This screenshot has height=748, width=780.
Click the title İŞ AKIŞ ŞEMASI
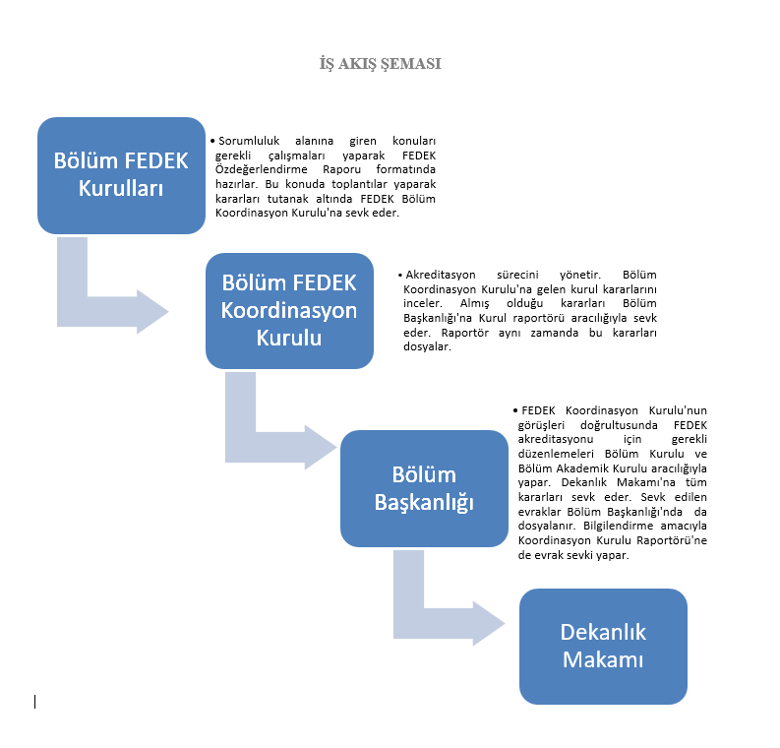(x=380, y=64)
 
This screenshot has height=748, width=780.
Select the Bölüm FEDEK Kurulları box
(x=121, y=175)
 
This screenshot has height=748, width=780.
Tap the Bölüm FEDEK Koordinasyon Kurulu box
(x=289, y=311)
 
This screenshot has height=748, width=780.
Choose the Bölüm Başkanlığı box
(x=424, y=489)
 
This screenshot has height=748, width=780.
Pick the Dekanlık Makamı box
(x=603, y=647)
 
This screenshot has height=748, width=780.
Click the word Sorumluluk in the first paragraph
(x=249, y=141)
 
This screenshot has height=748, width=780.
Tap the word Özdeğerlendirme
(x=262, y=169)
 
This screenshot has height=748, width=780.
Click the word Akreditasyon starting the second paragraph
(x=441, y=275)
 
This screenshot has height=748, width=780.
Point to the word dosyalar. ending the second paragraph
(x=427, y=346)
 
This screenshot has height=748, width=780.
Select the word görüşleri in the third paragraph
(x=541, y=425)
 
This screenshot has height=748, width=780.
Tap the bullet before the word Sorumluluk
(x=212, y=141)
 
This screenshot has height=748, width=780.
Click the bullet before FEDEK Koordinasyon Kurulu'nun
(x=515, y=410)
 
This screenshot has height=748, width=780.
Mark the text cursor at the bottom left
(x=34, y=702)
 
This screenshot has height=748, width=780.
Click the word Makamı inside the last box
(x=603, y=659)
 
